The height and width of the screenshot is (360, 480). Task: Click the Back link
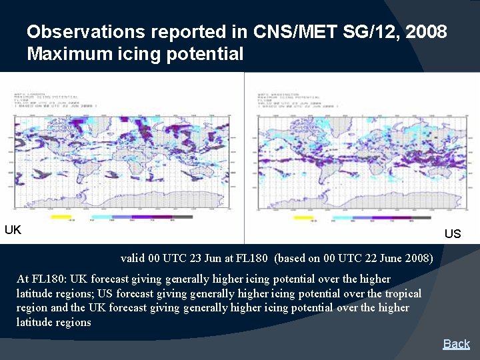coord(457,344)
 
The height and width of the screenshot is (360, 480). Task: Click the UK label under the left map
coord(13,230)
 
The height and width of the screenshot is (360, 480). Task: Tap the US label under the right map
coord(453,233)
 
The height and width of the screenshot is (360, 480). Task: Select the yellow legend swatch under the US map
coord(303,217)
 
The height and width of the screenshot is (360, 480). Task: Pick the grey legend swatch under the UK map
coord(181,217)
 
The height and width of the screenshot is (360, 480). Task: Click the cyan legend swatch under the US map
coord(342,217)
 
